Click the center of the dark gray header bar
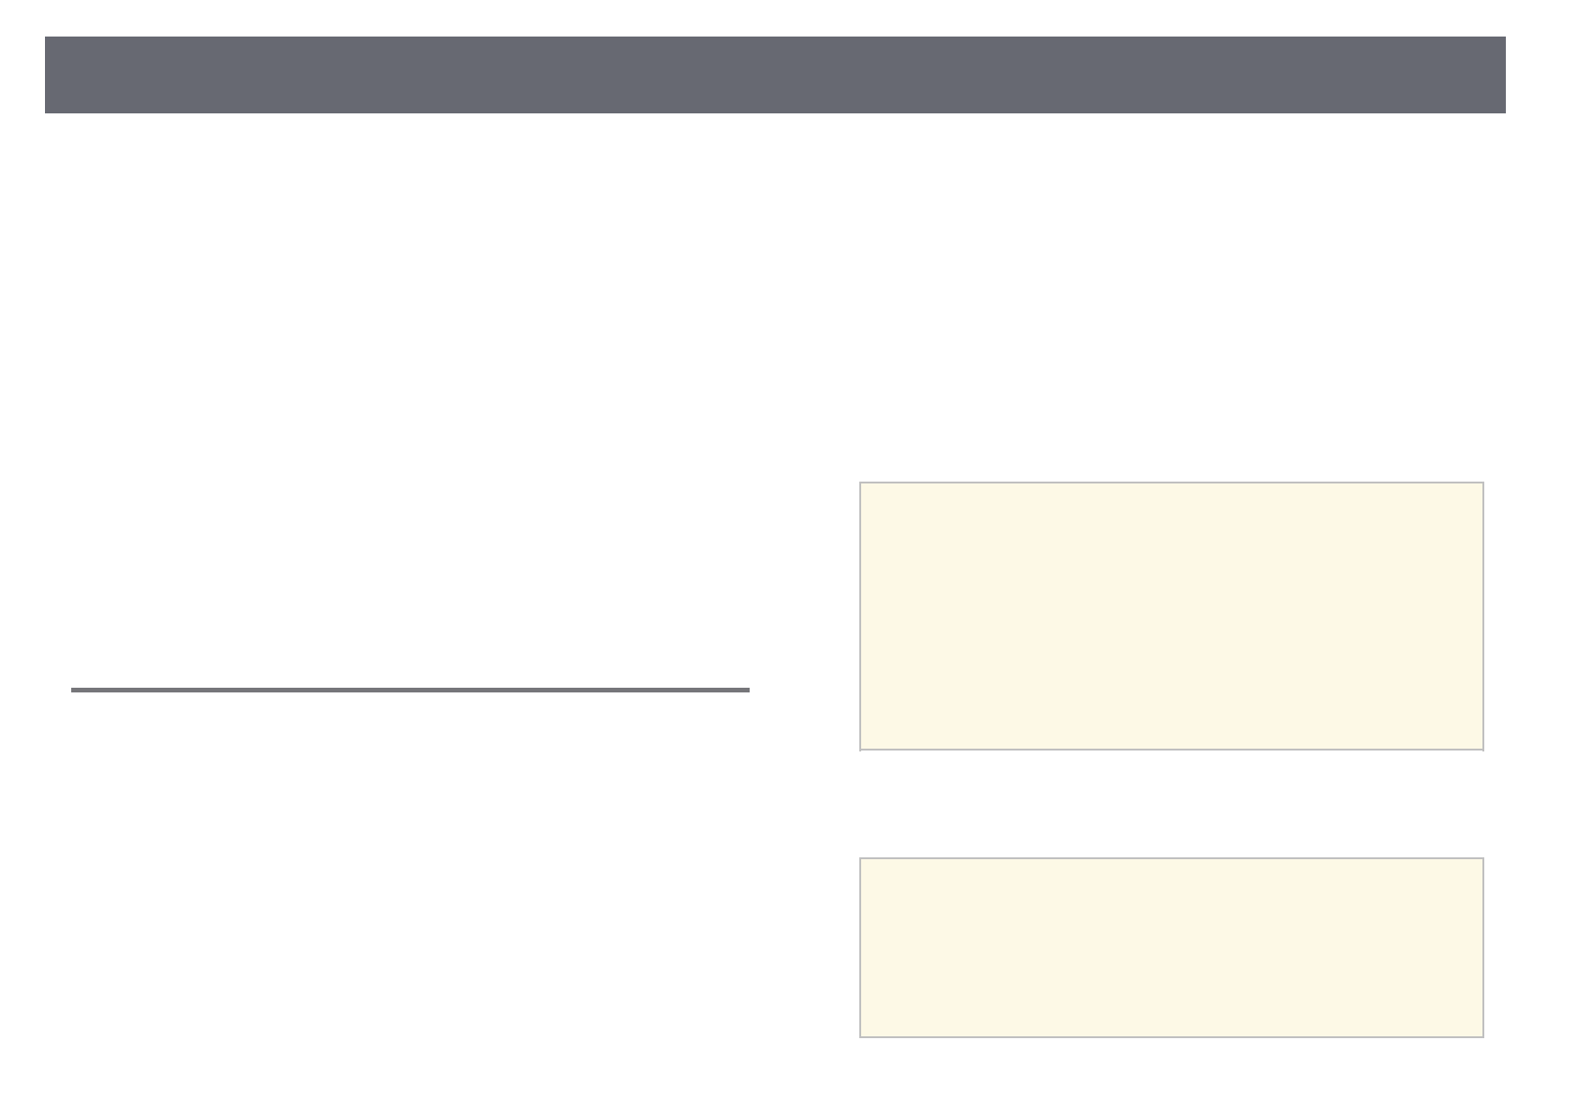click(x=775, y=75)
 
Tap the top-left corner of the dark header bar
click(x=45, y=37)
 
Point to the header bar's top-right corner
click(x=1505, y=37)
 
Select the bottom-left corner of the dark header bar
click(x=45, y=112)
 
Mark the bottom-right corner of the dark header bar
click(x=1505, y=112)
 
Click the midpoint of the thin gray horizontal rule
click(x=410, y=690)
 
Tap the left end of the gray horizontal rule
click(x=71, y=690)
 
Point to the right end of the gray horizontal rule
click(x=750, y=690)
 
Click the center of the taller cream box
click(x=1171, y=617)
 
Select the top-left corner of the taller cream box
click(x=860, y=483)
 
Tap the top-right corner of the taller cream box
click(x=1483, y=483)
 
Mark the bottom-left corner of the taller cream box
click(x=860, y=750)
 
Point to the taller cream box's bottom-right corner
click(x=1483, y=750)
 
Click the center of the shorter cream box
click(x=1171, y=947)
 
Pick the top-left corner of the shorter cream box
click(x=860, y=858)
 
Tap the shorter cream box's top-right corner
click(x=1483, y=858)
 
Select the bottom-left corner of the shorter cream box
click(x=860, y=1036)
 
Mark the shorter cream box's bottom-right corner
click(x=1483, y=1036)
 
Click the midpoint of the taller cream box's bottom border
click(x=1171, y=750)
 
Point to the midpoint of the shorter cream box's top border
click(x=1171, y=858)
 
